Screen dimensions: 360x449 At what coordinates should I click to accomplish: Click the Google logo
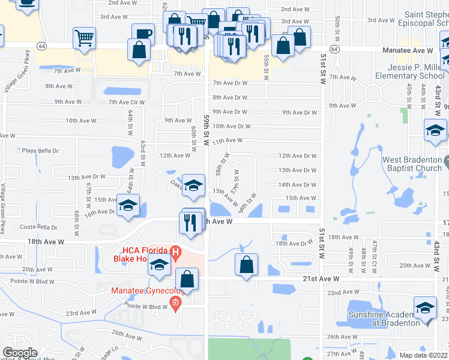pyautogui.click(x=20, y=353)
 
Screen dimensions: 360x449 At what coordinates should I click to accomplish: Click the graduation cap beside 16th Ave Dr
pyautogui.click(x=128, y=206)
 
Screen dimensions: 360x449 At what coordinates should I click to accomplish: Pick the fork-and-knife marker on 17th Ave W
pyautogui.click(x=188, y=223)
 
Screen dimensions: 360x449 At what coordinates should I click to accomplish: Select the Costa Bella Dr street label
pyautogui.click(x=37, y=227)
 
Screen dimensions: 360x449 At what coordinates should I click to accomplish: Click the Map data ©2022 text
pyautogui.click(x=424, y=355)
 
